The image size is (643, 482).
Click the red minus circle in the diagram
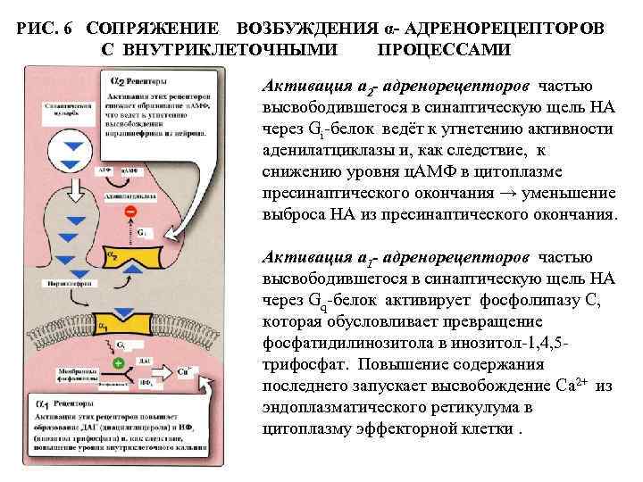(130, 212)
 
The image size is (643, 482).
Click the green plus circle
(118, 363)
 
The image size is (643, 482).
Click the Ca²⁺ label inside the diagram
(184, 369)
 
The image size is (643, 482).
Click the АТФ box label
(104, 170)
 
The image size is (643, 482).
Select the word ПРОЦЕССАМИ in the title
(444, 51)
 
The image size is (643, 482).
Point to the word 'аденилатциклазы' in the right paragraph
(318, 151)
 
